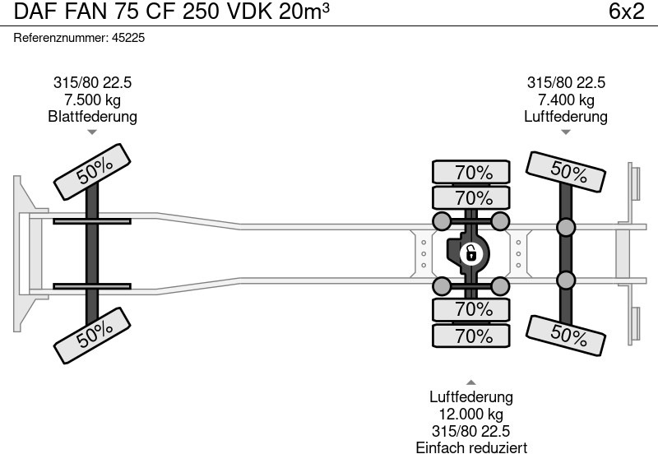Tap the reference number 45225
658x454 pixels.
click(130, 38)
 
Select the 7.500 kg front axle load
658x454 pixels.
click(92, 100)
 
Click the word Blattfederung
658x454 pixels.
click(92, 116)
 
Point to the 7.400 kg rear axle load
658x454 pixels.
click(566, 100)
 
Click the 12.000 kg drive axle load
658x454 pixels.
click(471, 415)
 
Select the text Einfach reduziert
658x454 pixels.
click(471, 447)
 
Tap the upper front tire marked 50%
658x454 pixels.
click(94, 170)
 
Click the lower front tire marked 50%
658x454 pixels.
click(94, 331)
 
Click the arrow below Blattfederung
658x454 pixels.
click(92, 132)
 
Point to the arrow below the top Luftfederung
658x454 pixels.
click(566, 132)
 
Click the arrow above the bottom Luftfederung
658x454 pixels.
click(471, 382)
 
